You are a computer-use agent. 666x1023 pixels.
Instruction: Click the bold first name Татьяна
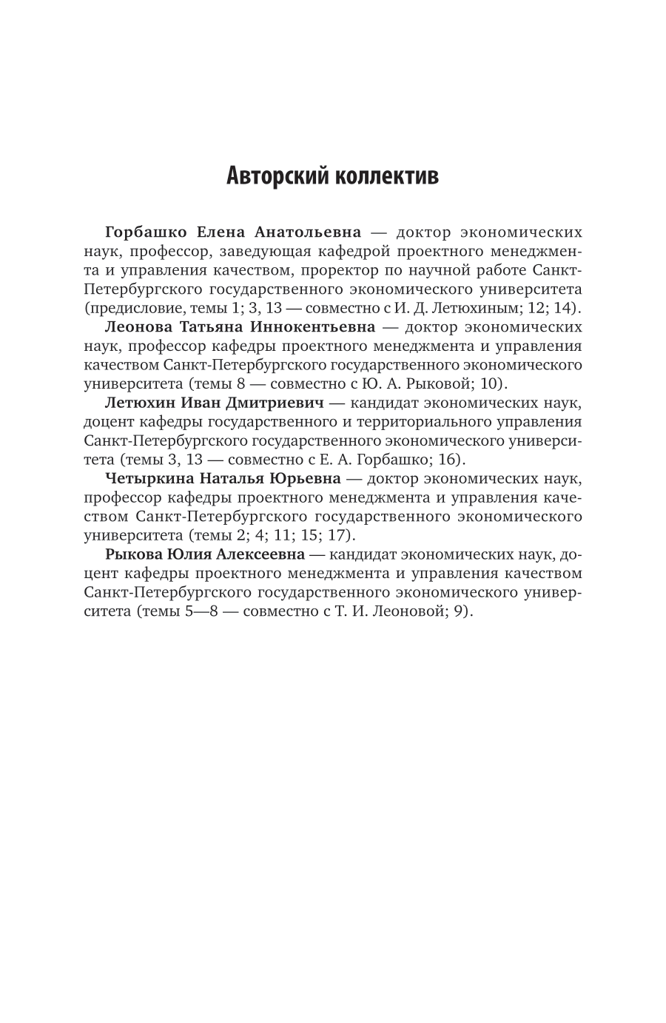213,326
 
